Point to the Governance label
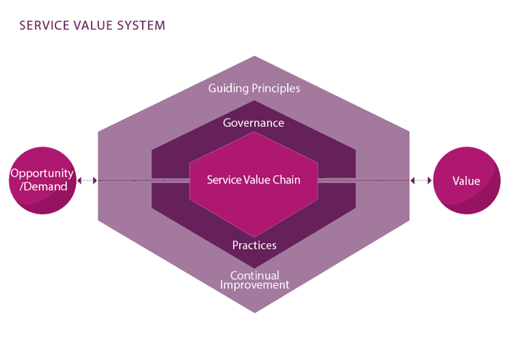click(253, 123)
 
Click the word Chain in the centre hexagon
click(286, 180)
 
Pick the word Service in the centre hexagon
click(224, 180)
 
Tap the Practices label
click(254, 245)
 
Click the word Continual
click(254, 275)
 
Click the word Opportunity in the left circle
click(42, 173)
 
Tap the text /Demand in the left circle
click(42, 187)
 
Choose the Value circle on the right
click(466, 180)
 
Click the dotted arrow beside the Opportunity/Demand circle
click(87, 180)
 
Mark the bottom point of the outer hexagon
click(254, 312)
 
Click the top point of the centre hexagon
click(254, 132)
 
